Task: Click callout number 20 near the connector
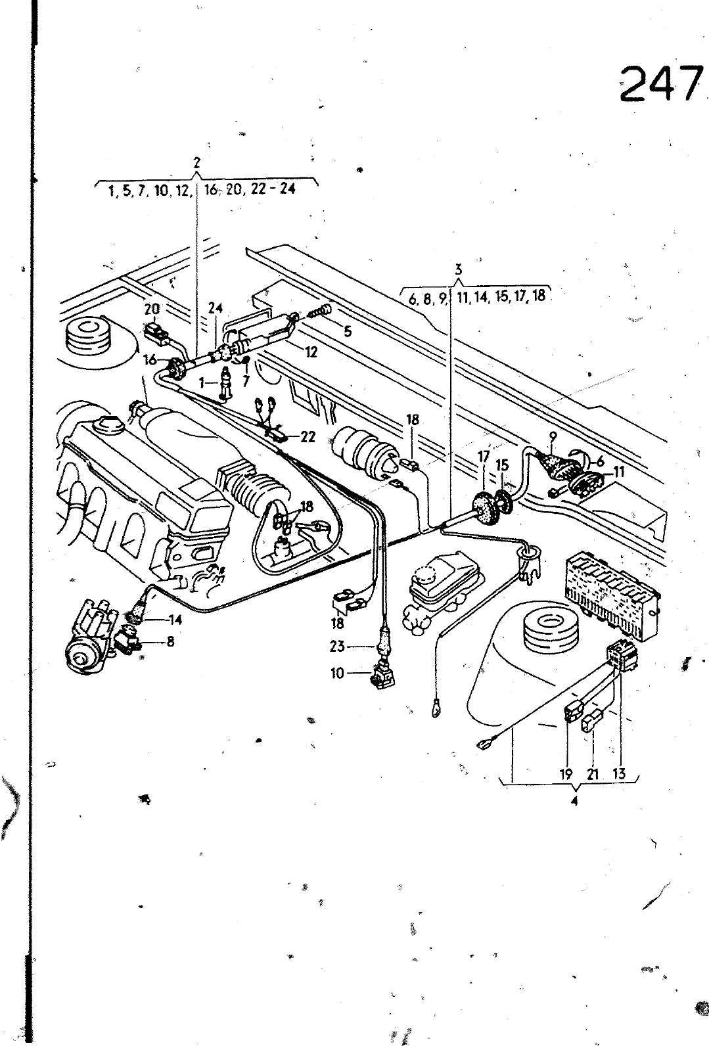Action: click(x=152, y=309)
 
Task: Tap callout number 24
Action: click(x=216, y=308)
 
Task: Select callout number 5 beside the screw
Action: click(x=348, y=332)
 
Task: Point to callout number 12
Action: click(x=311, y=352)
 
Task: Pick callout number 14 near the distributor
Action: click(x=175, y=620)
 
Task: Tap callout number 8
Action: click(x=170, y=642)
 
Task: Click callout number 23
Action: click(x=337, y=647)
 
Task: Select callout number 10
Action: click(x=337, y=674)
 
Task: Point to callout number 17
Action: click(x=484, y=455)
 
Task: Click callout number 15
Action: click(x=503, y=465)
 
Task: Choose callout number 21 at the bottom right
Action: click(x=593, y=774)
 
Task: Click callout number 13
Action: click(x=618, y=774)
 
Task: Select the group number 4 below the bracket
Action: click(x=574, y=801)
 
